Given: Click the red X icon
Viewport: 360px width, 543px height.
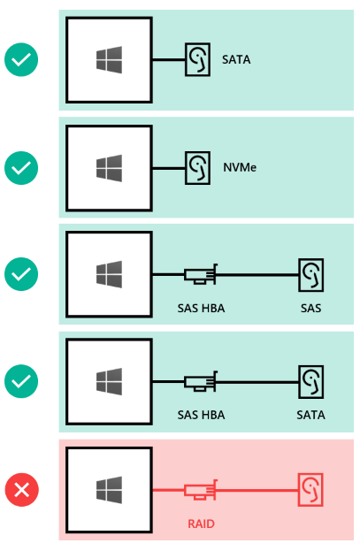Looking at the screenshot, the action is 21,490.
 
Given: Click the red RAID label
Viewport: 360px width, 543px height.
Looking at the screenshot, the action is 201,524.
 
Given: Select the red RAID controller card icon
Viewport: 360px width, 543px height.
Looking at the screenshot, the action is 201,490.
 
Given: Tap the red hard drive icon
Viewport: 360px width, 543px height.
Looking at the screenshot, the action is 310,490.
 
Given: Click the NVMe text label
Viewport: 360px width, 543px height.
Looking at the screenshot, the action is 240,168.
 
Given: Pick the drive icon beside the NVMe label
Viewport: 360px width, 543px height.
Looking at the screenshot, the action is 197,168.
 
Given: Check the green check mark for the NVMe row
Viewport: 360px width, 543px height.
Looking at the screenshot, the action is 21,168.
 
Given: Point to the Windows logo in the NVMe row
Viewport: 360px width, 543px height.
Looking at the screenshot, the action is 109,168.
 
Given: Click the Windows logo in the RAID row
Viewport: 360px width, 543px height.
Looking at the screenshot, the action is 109,490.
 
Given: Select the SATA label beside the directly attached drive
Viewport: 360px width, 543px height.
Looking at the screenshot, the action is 236,59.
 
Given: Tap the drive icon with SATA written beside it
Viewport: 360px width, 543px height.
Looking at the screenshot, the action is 197,59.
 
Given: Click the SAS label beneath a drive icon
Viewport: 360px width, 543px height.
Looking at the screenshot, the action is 310,309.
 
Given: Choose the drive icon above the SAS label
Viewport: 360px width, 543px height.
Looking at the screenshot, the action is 311,275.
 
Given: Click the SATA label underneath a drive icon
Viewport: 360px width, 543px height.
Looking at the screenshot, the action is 310,415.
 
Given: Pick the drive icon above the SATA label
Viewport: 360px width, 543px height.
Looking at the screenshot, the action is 311,382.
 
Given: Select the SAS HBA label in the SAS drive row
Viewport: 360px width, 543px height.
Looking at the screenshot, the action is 201,309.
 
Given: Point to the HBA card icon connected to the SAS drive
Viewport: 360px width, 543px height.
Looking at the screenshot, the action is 201,275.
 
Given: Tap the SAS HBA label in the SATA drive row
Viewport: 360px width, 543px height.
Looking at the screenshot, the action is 201,415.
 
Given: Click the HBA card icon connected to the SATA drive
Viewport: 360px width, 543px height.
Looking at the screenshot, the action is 201,382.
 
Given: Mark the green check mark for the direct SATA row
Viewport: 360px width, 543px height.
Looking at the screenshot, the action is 21,59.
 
